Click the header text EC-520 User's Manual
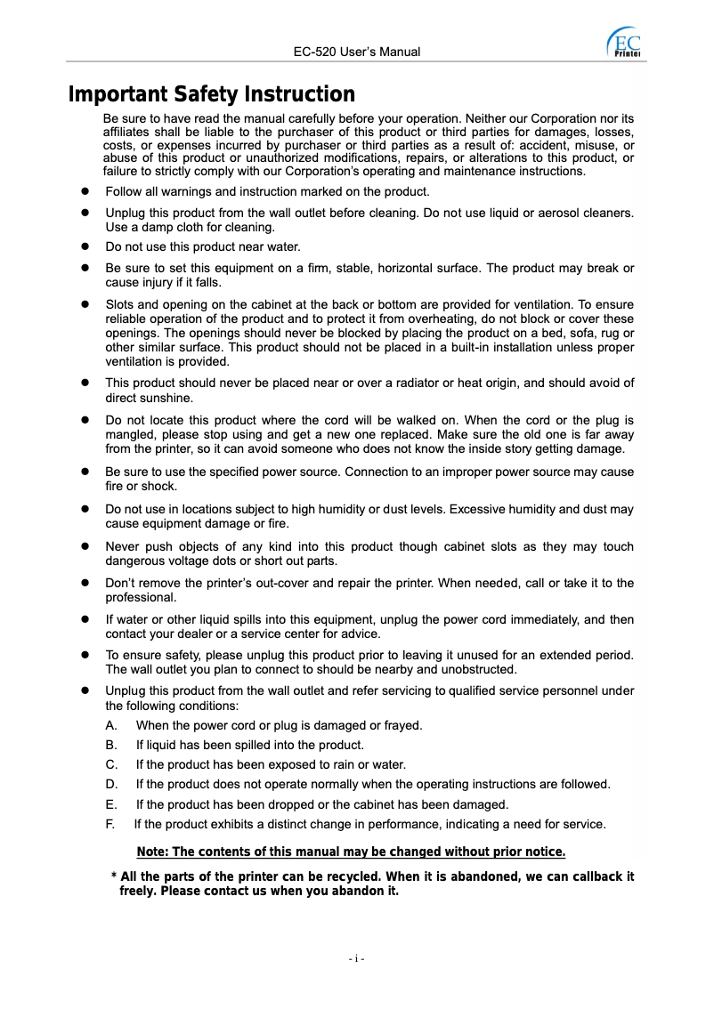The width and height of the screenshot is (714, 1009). [x=356, y=52]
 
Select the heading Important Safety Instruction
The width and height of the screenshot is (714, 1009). [x=212, y=94]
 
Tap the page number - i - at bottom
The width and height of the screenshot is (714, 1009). [x=356, y=958]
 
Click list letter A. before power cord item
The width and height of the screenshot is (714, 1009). [x=111, y=726]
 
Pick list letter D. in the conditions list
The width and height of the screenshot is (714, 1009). [x=111, y=785]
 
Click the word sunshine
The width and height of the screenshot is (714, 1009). [x=167, y=399]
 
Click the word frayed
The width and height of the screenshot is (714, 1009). [x=402, y=726]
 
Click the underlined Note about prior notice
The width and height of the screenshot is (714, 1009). [x=351, y=853]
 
